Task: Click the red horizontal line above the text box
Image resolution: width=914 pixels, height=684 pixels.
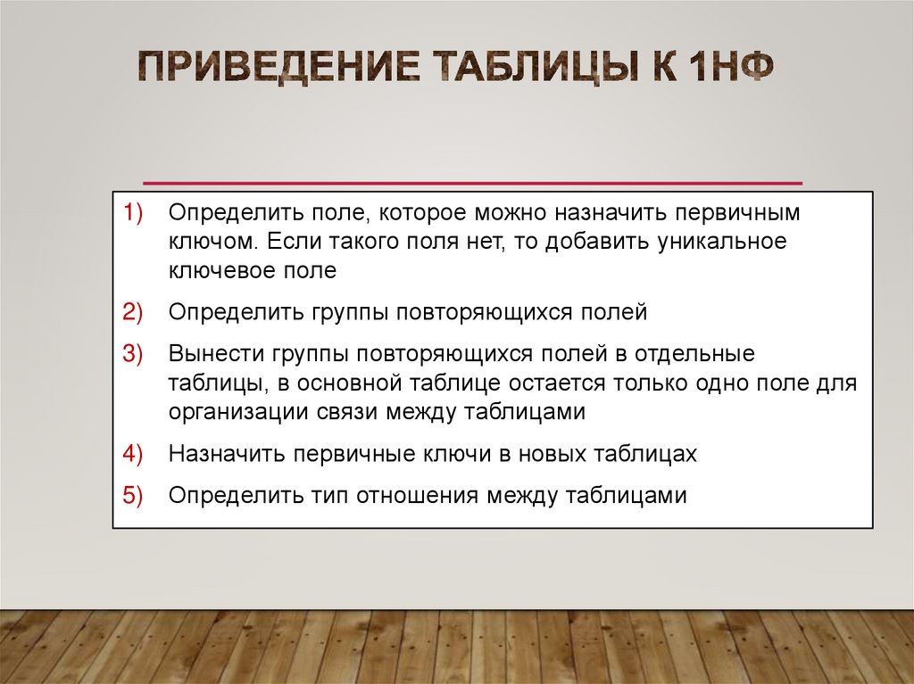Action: click(x=473, y=182)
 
